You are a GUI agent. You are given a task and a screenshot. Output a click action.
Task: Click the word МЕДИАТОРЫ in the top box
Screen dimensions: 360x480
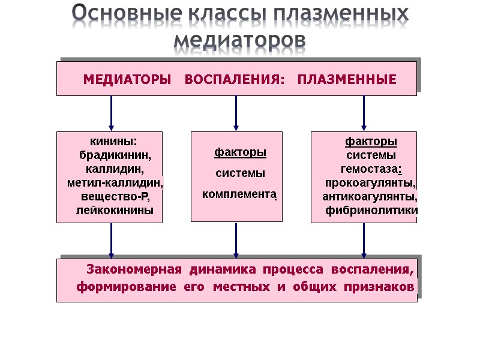(127, 80)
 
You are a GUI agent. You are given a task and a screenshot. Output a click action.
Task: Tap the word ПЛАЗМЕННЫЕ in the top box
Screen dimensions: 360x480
(347, 80)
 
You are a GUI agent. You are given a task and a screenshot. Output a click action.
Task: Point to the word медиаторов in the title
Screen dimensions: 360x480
(239, 40)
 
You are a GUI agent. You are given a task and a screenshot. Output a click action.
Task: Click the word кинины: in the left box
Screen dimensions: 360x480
(113, 141)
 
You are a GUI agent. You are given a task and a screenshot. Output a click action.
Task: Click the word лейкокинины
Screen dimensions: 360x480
(115, 210)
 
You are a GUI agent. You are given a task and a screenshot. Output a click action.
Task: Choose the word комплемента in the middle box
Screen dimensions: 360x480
(239, 194)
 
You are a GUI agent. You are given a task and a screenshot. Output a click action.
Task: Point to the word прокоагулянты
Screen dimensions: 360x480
(371, 182)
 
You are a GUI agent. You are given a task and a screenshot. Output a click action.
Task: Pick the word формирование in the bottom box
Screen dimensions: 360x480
(125, 287)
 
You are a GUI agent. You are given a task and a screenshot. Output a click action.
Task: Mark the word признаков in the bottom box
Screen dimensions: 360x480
(379, 287)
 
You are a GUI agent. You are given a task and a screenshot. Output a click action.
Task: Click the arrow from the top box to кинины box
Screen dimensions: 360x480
(112, 113)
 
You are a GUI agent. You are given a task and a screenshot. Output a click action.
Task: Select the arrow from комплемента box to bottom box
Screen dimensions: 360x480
(236, 241)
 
